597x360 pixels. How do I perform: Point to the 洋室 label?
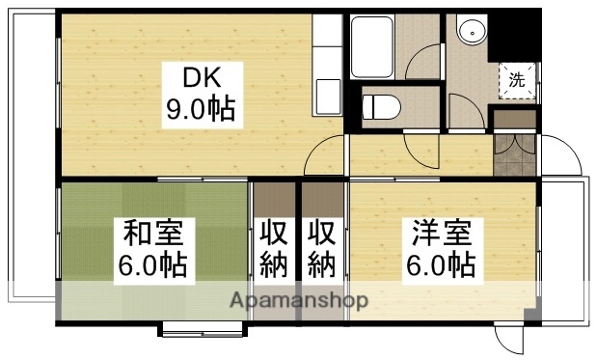pos(442,233)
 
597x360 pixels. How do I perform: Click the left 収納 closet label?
pos(274,247)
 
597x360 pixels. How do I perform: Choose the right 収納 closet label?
pos(323,247)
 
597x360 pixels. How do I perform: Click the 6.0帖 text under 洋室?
pos(442,263)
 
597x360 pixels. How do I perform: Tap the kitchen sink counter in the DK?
pos(328,68)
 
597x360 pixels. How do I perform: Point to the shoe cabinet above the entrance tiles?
pos(513,120)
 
